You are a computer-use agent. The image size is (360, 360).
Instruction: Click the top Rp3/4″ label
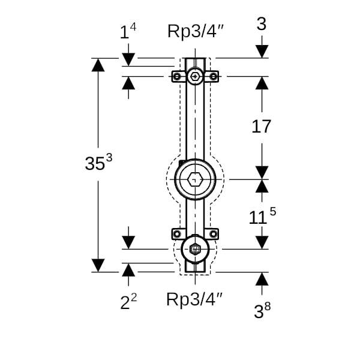(x=196, y=31)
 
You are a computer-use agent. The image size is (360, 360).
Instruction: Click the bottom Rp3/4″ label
(x=195, y=299)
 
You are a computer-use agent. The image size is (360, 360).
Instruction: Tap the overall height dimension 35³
(x=98, y=163)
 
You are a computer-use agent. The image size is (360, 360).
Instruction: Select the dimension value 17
(x=261, y=127)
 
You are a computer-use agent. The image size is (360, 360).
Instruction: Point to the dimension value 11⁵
(x=262, y=217)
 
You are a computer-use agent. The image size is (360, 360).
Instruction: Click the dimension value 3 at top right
(x=261, y=25)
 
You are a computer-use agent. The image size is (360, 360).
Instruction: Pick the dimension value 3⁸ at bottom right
(x=262, y=311)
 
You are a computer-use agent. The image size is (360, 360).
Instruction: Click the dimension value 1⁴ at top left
(x=128, y=31)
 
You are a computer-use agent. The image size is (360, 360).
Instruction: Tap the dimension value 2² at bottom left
(x=128, y=302)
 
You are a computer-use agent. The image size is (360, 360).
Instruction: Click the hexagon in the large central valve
(x=195, y=179)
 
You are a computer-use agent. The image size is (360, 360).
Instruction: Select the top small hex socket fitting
(x=195, y=76)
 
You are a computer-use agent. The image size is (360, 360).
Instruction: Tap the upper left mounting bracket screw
(x=177, y=76)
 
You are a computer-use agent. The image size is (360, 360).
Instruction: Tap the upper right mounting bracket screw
(x=213, y=76)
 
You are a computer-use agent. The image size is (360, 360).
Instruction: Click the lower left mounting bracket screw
(x=177, y=233)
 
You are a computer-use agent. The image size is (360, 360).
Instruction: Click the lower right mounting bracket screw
(x=213, y=233)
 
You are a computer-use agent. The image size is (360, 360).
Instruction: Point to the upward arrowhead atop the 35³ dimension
(x=98, y=64)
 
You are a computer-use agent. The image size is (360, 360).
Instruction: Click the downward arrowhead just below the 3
(x=262, y=52)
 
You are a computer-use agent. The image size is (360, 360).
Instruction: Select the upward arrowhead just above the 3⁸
(x=262, y=278)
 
